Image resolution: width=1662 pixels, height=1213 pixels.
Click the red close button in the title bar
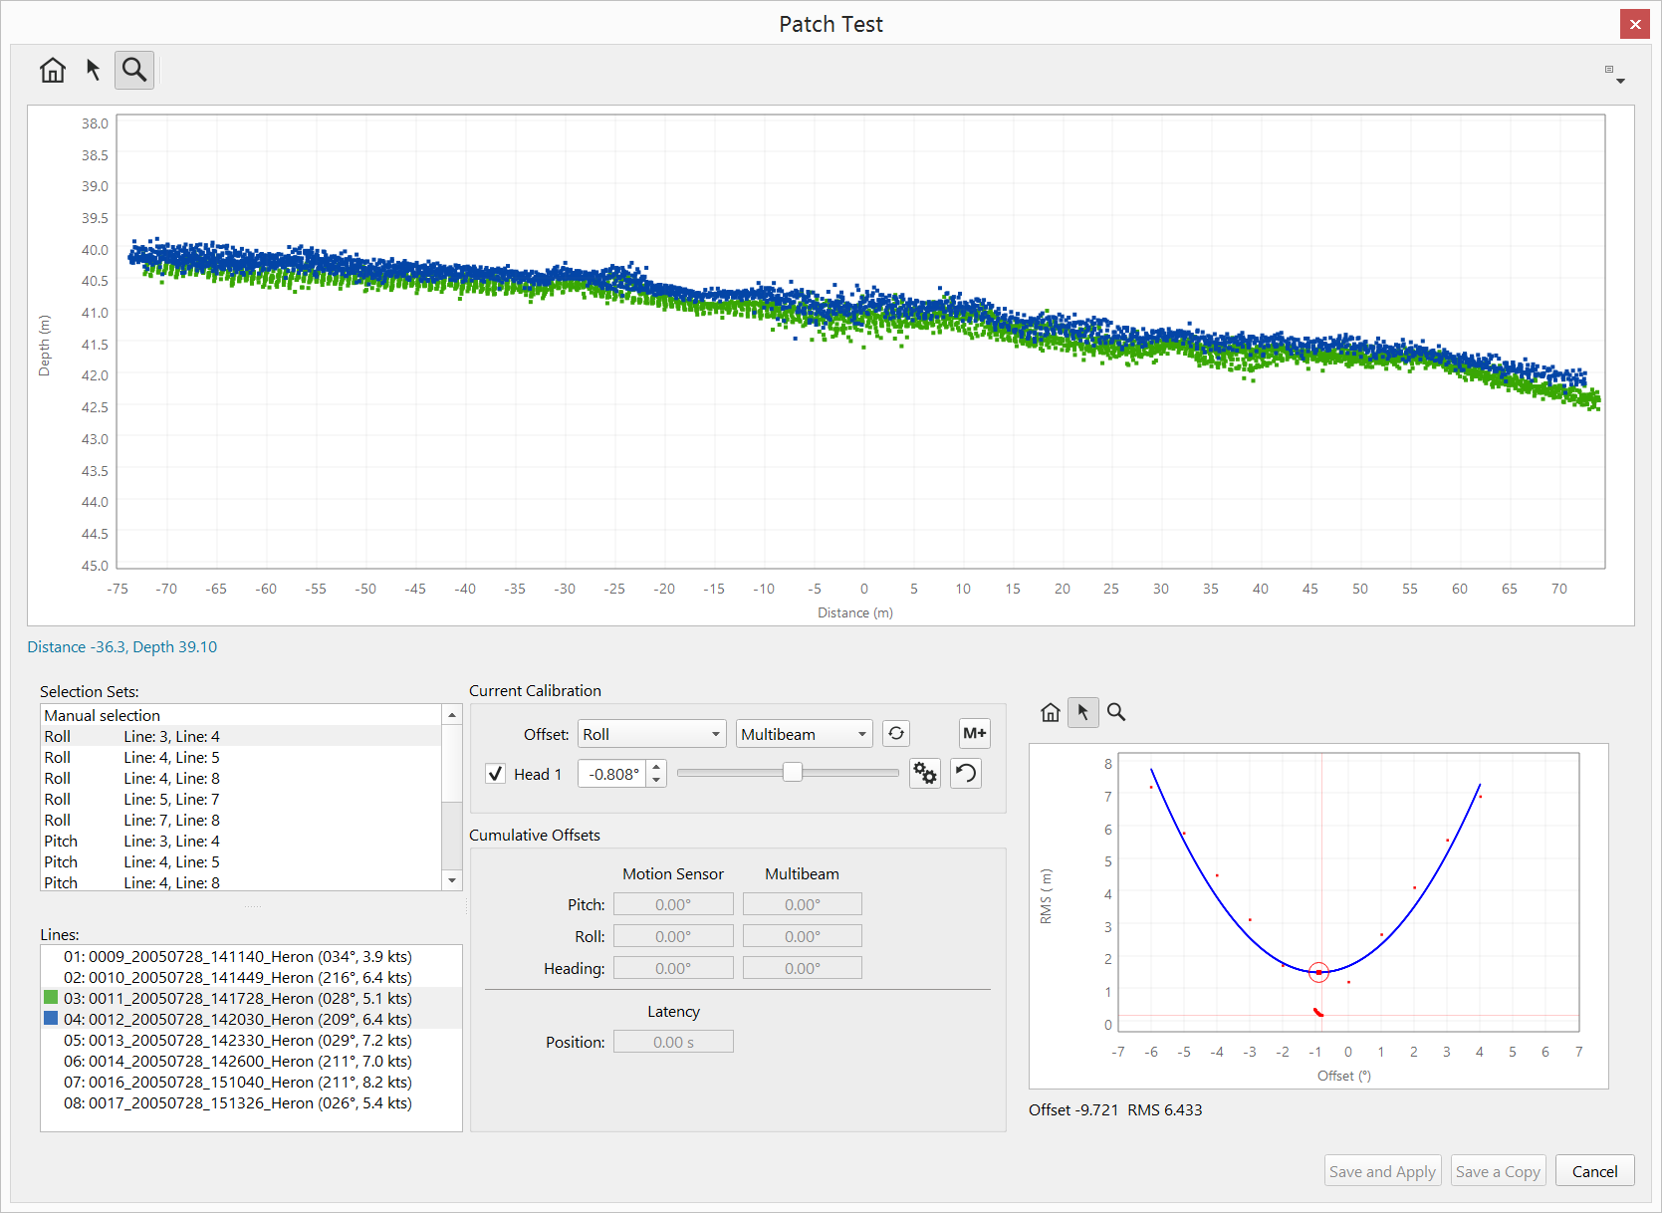[x=1634, y=24]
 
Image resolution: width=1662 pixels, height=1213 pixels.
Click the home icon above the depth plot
[x=53, y=70]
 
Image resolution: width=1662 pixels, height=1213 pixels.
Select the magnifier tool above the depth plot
[x=134, y=70]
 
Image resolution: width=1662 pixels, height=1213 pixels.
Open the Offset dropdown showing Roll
[x=651, y=734]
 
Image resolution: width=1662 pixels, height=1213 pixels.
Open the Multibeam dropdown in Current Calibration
[x=804, y=734]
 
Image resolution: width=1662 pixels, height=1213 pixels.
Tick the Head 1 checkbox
[x=495, y=774]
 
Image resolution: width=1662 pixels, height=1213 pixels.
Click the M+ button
[x=974, y=734]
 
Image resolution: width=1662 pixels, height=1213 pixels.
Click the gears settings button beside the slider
[x=925, y=774]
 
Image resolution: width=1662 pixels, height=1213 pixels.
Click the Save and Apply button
[x=1382, y=1171]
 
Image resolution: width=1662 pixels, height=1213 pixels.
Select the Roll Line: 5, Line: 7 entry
[x=132, y=799]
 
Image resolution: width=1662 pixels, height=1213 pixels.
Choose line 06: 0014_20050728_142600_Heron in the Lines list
[x=237, y=1061]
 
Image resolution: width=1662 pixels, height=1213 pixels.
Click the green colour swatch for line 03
[x=51, y=997]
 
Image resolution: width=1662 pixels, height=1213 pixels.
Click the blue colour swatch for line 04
[x=51, y=1018]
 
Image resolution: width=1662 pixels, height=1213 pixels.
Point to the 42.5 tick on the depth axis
[x=95, y=407]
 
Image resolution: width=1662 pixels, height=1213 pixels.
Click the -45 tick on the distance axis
[x=415, y=589]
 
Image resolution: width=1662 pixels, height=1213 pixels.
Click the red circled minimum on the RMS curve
[x=1318, y=972]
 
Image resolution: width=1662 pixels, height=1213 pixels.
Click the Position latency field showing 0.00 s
[x=673, y=1042]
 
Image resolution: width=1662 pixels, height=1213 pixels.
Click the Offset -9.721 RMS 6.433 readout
[x=1115, y=1109]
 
